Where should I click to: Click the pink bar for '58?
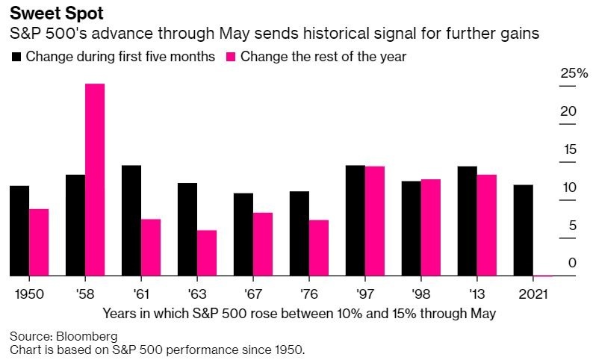coord(95,180)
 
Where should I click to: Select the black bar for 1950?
coord(19,231)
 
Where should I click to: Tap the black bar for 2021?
coord(524,230)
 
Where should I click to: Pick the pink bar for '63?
coord(207,253)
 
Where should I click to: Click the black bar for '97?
coord(356,220)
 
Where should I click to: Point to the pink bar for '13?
coord(487,225)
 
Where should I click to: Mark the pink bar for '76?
coord(319,248)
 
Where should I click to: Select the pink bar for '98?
coord(431,228)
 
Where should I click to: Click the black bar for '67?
coord(243,235)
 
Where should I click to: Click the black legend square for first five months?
coord(16,56)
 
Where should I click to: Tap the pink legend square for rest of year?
coord(230,56)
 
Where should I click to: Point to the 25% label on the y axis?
coord(574,73)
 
